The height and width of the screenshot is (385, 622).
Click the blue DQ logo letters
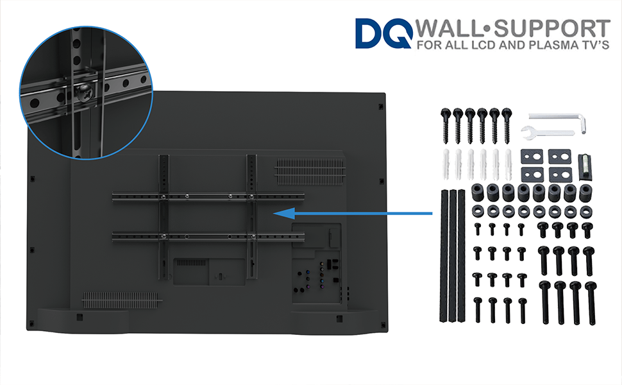[383, 33]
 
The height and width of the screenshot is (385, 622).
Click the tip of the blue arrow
[276, 213]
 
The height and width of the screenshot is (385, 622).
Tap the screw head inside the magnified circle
[84, 94]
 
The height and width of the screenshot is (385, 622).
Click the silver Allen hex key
[558, 119]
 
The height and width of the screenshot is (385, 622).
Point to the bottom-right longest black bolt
[590, 302]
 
